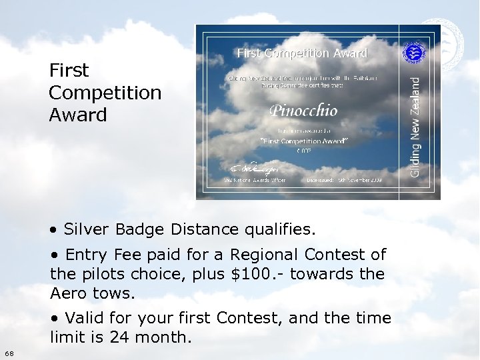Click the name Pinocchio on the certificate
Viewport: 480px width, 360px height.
(303, 110)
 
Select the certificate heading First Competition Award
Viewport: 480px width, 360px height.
(302, 53)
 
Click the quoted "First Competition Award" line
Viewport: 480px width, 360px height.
(303, 141)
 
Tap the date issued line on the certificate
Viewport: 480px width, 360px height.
(344, 180)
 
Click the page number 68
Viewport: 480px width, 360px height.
(7, 352)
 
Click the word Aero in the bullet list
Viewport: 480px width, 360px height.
(67, 293)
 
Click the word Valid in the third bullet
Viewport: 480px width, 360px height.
(85, 318)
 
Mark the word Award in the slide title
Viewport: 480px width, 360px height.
(77, 115)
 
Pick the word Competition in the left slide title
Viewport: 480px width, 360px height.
(105, 93)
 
